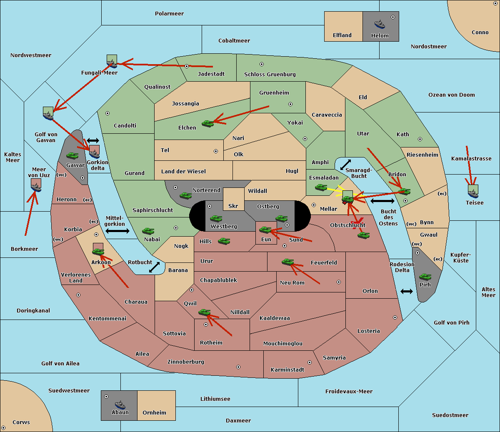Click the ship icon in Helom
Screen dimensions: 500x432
click(x=380, y=24)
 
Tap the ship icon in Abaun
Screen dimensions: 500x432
click(x=120, y=405)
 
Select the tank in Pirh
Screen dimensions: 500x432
click(x=425, y=277)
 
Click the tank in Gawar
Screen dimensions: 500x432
click(x=72, y=156)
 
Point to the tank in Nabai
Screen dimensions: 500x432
click(x=148, y=231)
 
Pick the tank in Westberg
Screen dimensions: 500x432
click(x=216, y=218)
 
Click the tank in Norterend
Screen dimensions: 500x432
click(x=185, y=195)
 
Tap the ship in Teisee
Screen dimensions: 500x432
click(x=473, y=193)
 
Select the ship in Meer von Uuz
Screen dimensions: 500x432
click(x=36, y=187)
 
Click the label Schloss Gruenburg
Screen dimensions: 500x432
click(x=270, y=74)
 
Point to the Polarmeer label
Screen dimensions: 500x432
click(x=169, y=14)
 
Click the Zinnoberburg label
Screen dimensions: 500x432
click(x=186, y=362)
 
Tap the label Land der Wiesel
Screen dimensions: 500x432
click(x=183, y=172)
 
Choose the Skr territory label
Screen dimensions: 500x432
click(x=233, y=206)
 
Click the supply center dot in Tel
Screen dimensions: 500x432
click(x=216, y=151)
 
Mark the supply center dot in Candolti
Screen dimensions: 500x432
click(x=107, y=113)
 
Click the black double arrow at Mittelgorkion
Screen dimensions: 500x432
click(x=117, y=231)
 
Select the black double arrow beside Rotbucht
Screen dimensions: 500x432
click(x=154, y=267)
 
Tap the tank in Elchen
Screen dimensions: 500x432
click(x=208, y=124)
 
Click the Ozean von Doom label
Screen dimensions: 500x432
click(x=452, y=95)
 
